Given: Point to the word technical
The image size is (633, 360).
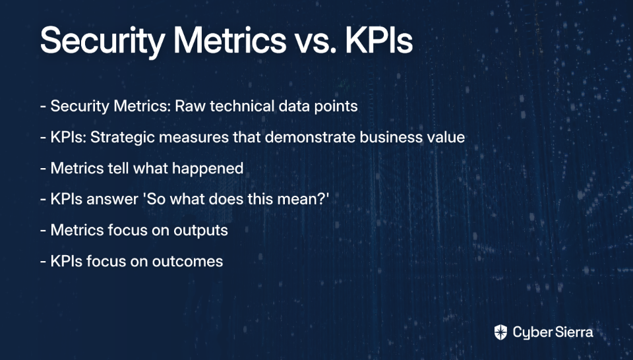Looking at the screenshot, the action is pyautogui.click(x=242, y=106).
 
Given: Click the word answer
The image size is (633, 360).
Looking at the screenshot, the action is pyautogui.click(x=112, y=199).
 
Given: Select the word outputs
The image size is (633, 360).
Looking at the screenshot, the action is pyautogui.click(x=200, y=231).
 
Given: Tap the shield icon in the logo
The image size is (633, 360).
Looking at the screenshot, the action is pyautogui.click(x=500, y=332).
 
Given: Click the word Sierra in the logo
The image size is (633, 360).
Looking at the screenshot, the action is pyautogui.click(x=574, y=332).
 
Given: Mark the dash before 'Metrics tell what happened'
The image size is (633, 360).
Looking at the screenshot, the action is pyautogui.click(x=43, y=169).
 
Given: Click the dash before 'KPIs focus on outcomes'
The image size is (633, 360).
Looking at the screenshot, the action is pyautogui.click(x=43, y=262).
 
